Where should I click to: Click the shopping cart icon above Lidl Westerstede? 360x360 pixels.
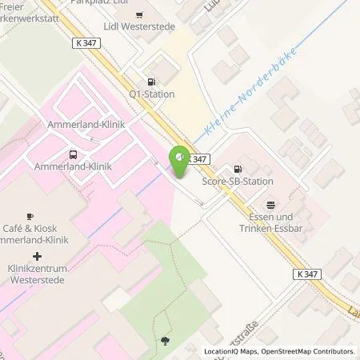[x=141, y=14]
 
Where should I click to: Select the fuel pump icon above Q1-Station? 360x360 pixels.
[x=150, y=81]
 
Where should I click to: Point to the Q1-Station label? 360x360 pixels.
[x=151, y=94]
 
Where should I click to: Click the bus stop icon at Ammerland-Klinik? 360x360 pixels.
[x=73, y=154]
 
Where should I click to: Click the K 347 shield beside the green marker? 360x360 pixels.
[x=200, y=158]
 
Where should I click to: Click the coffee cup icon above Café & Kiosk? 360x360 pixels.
[x=29, y=216]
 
